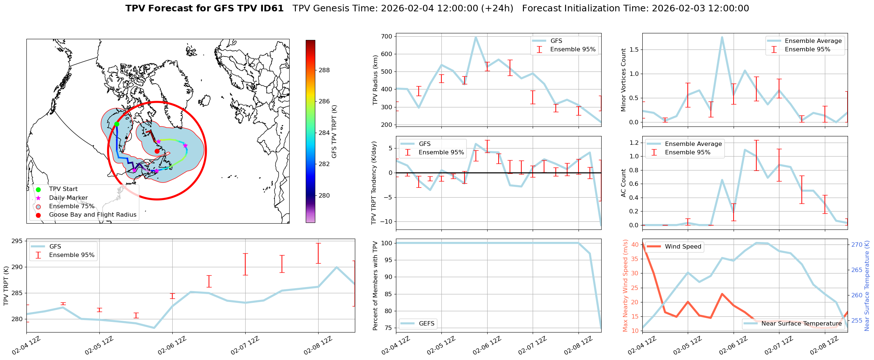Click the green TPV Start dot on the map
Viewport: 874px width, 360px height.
click(117, 124)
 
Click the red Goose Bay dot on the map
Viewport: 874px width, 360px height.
click(157, 151)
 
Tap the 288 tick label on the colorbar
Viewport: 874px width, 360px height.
click(324, 70)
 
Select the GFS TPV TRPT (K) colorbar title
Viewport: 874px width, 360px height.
click(334, 132)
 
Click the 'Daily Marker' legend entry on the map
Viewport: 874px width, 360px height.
click(68, 198)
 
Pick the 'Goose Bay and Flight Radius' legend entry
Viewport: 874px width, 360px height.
click(92, 215)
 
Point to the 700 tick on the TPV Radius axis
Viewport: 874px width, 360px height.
click(387, 36)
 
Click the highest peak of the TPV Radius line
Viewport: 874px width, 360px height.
click(475, 37)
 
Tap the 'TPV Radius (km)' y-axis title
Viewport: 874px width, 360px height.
click(375, 80)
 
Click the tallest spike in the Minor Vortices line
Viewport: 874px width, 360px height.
click(722, 37)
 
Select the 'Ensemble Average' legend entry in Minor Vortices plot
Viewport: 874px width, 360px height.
click(813, 41)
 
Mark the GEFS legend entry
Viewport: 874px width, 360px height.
click(426, 323)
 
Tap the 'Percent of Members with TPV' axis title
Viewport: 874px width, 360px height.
click(375, 286)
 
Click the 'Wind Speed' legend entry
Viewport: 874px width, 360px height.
click(683, 247)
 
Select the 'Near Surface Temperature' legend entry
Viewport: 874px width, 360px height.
click(801, 323)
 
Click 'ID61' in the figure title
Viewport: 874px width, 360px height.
click(271, 8)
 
